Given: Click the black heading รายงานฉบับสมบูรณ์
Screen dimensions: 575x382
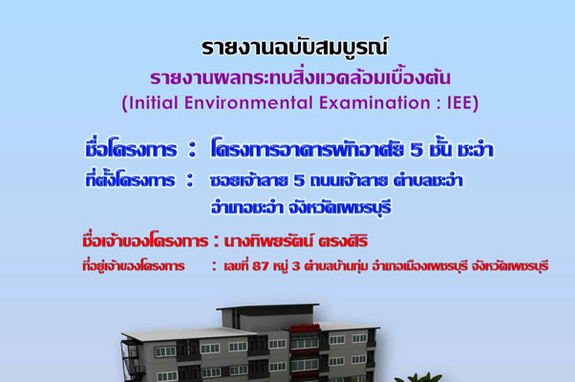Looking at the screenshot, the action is coord(294,48).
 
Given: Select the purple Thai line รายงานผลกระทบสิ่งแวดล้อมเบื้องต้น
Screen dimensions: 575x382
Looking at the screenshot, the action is coord(300,77).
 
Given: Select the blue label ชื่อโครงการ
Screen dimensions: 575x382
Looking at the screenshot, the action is coord(131,149).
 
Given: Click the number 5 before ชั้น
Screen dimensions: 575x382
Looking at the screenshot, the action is coord(416,150).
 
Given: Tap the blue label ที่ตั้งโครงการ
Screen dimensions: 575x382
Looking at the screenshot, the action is coord(130,180).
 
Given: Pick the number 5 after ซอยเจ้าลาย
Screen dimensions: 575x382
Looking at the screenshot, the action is coord(299,180).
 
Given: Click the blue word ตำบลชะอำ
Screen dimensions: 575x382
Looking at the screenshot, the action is coord(428,180).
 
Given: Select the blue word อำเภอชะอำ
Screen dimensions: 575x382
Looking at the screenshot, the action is coord(246,207).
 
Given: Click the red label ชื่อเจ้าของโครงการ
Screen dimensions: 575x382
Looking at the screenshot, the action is coord(145,241).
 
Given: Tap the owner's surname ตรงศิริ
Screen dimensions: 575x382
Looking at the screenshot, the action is coord(343,242).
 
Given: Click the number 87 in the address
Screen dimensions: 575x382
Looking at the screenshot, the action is coord(261,265).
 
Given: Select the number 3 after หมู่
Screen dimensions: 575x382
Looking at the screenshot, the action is coord(296,265).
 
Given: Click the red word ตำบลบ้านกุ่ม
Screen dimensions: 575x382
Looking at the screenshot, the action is coord(336,265).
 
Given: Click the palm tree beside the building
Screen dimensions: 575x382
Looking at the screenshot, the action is coord(417,377).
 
